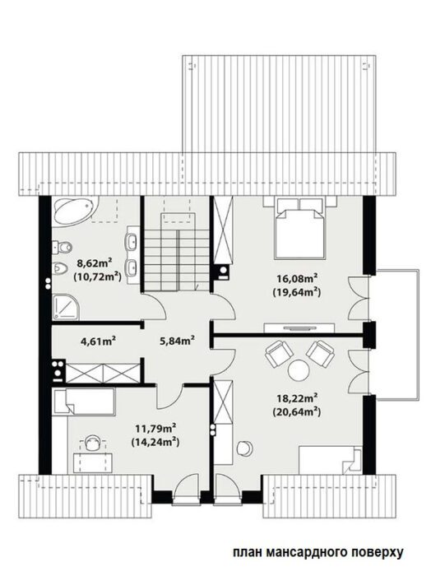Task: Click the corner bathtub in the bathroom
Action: click(74, 211)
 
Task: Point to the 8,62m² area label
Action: click(94, 262)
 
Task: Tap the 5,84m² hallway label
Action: click(177, 341)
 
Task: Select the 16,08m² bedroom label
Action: click(298, 278)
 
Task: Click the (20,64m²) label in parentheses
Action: click(297, 411)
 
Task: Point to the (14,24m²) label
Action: click(155, 442)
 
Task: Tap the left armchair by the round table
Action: click(279, 353)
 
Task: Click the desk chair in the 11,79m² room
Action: click(92, 443)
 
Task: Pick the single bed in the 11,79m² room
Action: click(83, 402)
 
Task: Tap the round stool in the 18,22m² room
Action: click(245, 448)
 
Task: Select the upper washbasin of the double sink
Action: click(132, 241)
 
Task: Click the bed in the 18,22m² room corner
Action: click(331, 460)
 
